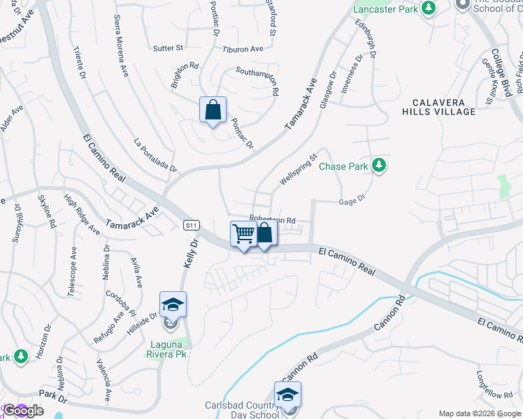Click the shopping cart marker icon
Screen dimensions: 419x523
pyautogui.click(x=243, y=233)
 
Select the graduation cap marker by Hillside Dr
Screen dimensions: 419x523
pyautogui.click(x=173, y=304)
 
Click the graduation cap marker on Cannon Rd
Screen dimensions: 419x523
pyautogui.click(x=287, y=395)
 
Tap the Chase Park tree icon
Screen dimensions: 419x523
pyautogui.click(x=379, y=166)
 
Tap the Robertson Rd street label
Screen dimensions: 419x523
pyautogui.click(x=273, y=220)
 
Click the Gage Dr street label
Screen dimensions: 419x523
pyautogui.click(x=351, y=200)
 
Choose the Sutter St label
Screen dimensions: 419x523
pyautogui.click(x=167, y=48)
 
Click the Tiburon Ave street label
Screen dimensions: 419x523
pyautogui.click(x=243, y=49)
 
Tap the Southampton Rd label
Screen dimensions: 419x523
pyautogui.click(x=258, y=78)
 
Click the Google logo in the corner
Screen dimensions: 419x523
pyautogui.click(x=24, y=411)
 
